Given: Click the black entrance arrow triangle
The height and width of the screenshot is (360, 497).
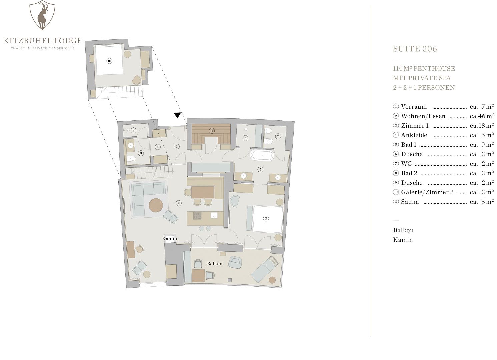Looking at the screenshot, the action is (177, 115).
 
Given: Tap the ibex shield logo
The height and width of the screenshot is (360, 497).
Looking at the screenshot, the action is (42, 15).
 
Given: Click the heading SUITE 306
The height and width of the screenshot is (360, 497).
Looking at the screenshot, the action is (415, 49).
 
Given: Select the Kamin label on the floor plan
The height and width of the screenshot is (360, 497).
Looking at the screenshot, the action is (170, 239).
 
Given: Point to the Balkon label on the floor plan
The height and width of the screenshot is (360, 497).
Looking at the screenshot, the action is (215, 263).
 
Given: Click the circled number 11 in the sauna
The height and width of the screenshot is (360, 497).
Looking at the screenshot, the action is (212, 131).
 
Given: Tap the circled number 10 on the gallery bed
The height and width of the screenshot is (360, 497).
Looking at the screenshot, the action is (109, 61).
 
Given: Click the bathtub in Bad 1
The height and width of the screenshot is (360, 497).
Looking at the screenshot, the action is (262, 155).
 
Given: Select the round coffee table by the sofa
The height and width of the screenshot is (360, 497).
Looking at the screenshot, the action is (156, 205).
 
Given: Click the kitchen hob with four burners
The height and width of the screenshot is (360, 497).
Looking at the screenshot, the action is (197, 216).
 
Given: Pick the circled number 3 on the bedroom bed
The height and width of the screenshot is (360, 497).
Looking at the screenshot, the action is (266, 218).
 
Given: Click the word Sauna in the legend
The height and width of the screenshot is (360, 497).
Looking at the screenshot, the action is (410, 202).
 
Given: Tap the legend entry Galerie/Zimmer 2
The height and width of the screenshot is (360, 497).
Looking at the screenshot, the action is (427, 192).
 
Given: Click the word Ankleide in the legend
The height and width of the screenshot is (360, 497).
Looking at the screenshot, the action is (414, 135).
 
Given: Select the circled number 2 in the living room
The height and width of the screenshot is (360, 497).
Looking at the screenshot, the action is (178, 203).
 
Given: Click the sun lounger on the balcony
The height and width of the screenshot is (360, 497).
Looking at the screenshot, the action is (265, 269).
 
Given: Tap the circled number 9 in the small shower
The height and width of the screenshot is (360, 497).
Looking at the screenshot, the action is (133, 130).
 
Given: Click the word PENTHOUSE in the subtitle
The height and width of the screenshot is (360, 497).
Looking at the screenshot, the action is (434, 68).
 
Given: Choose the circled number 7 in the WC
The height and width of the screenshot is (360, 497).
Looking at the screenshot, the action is (278, 136).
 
